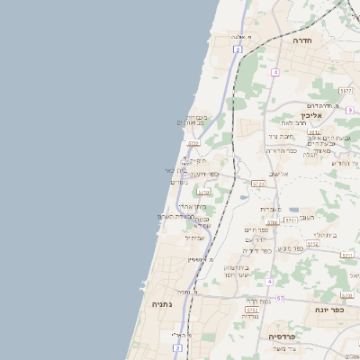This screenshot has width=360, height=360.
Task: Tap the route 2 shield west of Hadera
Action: click(238, 50)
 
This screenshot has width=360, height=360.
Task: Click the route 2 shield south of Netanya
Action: click(178, 346)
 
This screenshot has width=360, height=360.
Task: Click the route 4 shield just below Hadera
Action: click(274, 71)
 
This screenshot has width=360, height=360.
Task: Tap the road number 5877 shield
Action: click(346, 91)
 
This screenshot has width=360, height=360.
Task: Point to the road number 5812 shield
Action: click(317, 132)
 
